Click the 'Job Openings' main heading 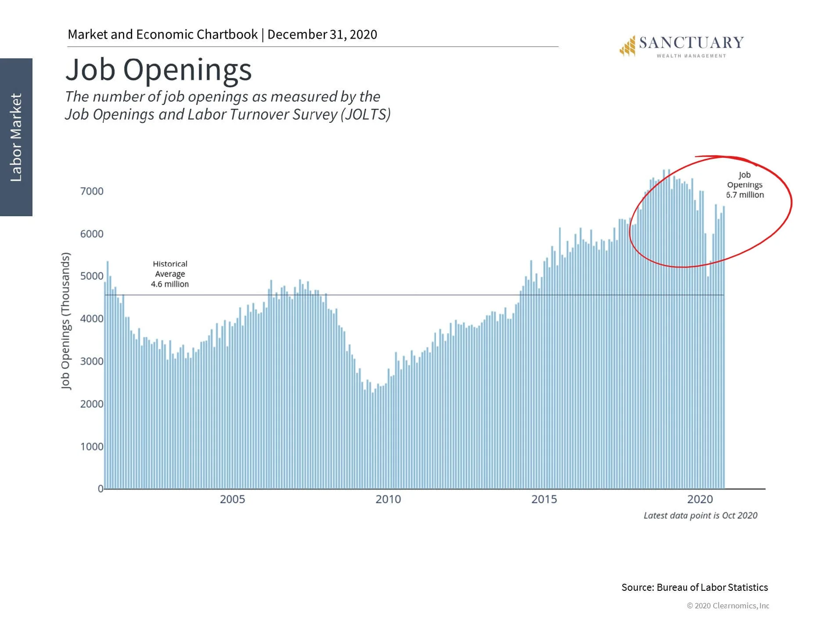click(x=158, y=70)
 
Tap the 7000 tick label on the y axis click(x=92, y=191)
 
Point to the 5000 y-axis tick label click(x=92, y=276)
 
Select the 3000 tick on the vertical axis click(x=92, y=361)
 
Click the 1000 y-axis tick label click(x=92, y=446)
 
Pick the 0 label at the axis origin click(x=101, y=489)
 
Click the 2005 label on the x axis click(x=232, y=499)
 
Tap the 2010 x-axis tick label click(x=388, y=499)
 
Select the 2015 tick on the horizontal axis click(x=544, y=499)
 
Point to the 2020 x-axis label click(x=700, y=499)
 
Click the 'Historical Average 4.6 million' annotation click(x=170, y=274)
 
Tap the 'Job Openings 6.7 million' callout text click(x=744, y=185)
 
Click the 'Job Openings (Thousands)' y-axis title click(x=65, y=321)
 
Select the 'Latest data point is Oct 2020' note click(x=700, y=515)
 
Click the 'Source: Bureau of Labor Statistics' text click(x=694, y=587)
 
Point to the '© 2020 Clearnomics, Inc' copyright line click(x=728, y=606)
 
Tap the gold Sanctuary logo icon click(x=628, y=46)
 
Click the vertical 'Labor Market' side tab click(x=16, y=137)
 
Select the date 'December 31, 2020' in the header click(x=322, y=34)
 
